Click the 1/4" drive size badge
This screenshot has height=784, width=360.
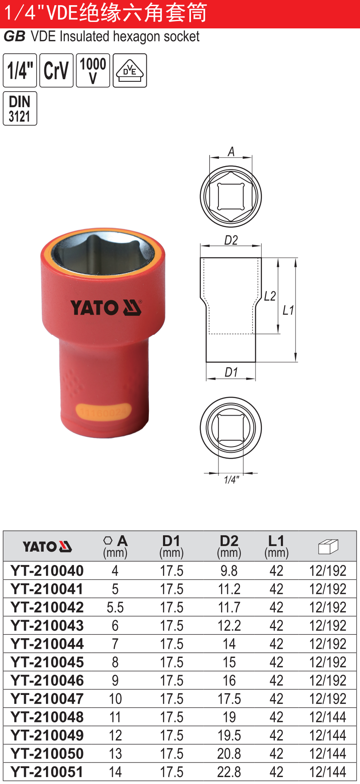pos(20,70)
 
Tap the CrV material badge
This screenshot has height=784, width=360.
pos(56,70)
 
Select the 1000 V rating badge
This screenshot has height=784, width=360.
pos(93,70)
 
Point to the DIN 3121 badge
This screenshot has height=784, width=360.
pos(20,108)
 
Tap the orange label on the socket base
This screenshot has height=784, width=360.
pos(103,412)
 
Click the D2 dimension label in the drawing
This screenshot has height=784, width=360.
pos(231,240)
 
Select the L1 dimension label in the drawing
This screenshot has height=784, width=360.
pos(288,310)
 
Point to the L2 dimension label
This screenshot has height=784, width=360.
pos(270,296)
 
